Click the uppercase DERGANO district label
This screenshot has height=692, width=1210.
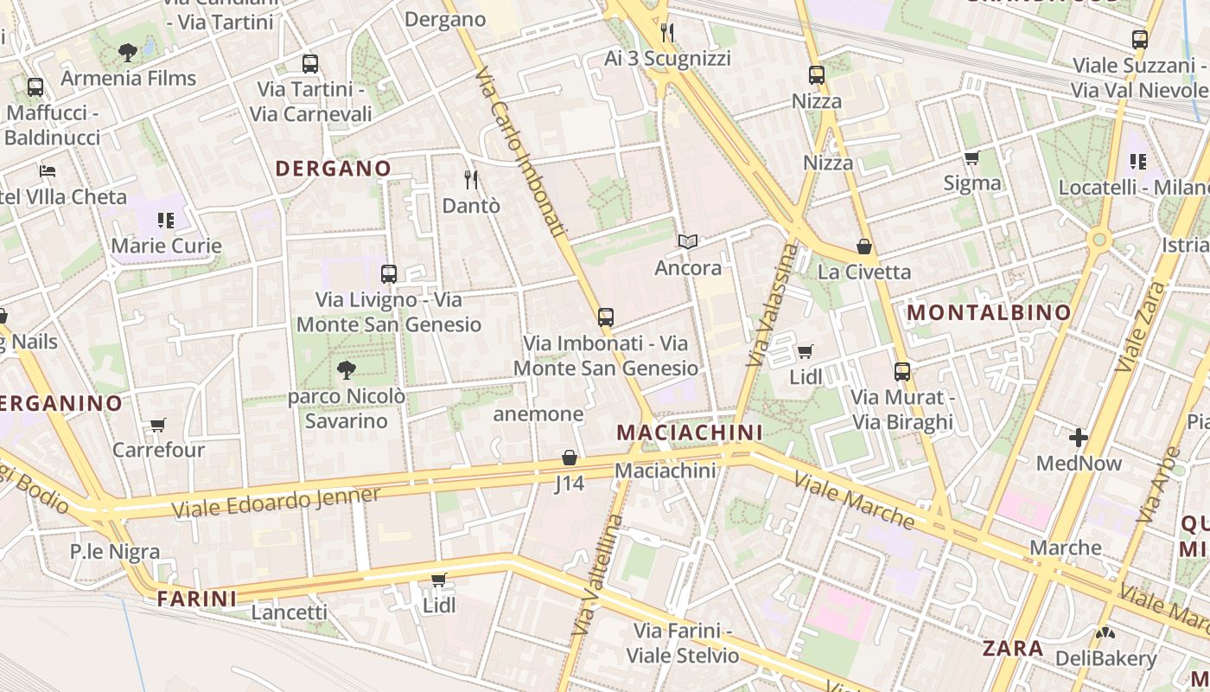333,169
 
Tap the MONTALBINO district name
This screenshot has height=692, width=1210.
990,312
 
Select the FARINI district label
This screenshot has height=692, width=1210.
197,599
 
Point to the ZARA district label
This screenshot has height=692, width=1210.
1013,648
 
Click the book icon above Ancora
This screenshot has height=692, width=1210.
688,242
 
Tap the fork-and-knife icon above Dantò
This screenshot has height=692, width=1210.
471,180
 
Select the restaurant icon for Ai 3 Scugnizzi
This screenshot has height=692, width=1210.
667,33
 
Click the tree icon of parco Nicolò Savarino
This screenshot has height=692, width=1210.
347,371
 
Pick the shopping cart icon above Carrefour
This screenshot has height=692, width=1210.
158,425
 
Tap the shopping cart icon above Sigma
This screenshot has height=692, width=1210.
972,157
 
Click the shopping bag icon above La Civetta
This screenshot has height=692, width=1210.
863,247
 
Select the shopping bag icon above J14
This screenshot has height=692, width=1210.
570,458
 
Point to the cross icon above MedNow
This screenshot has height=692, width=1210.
1079,438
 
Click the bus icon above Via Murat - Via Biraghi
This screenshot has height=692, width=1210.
902,372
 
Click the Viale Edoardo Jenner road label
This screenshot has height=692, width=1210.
276,503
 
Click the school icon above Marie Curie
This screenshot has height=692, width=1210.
166,221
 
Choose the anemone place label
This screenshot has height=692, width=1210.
538,414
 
